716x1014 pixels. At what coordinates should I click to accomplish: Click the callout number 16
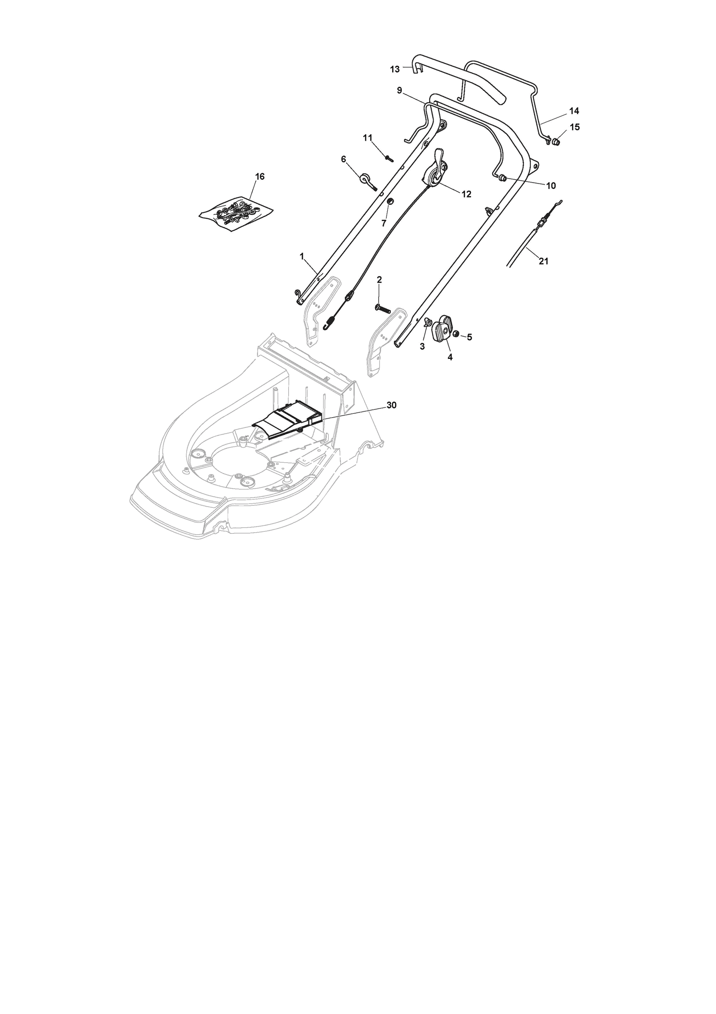pyautogui.click(x=259, y=177)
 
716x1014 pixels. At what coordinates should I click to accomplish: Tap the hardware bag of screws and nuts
pyautogui.click(x=236, y=213)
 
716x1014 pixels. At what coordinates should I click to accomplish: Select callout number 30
pyautogui.click(x=392, y=405)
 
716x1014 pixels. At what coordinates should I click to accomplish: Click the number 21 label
pyautogui.click(x=543, y=262)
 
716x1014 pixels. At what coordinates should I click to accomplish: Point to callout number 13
pyautogui.click(x=395, y=69)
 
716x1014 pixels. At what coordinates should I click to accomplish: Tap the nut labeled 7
pyautogui.click(x=390, y=200)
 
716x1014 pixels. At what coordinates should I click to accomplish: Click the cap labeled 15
pyautogui.click(x=557, y=142)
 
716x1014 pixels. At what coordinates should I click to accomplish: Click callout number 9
pyautogui.click(x=399, y=90)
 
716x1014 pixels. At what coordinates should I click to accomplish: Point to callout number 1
pyautogui.click(x=302, y=256)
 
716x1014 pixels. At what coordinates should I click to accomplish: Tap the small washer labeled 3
pyautogui.click(x=427, y=322)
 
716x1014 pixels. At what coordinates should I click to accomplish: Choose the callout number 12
pyautogui.click(x=466, y=194)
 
